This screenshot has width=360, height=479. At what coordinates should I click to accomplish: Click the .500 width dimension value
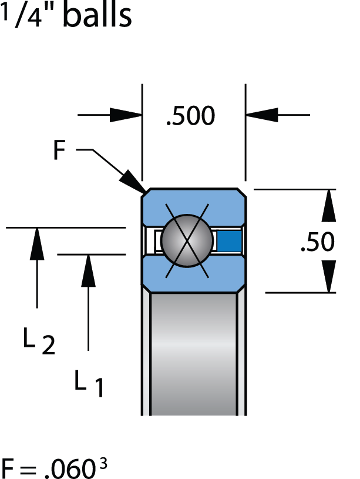pos(191,116)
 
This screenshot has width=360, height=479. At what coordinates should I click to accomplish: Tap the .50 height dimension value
pos(317,242)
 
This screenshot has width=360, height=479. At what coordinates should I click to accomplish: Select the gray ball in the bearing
pos(187,240)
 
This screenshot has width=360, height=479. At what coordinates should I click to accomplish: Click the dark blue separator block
pos(230,240)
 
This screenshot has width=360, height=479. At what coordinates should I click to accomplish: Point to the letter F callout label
pos(60,150)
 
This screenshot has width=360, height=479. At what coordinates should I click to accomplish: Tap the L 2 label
pos(39,343)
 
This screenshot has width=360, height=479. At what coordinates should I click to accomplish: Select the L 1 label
pos(89,384)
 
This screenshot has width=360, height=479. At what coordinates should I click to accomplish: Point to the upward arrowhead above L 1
pos(88,270)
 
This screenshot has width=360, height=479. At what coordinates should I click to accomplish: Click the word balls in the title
pos(97,16)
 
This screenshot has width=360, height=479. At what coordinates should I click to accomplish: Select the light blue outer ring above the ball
pos(193,203)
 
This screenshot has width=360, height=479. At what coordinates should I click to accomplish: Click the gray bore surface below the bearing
pos(193,353)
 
